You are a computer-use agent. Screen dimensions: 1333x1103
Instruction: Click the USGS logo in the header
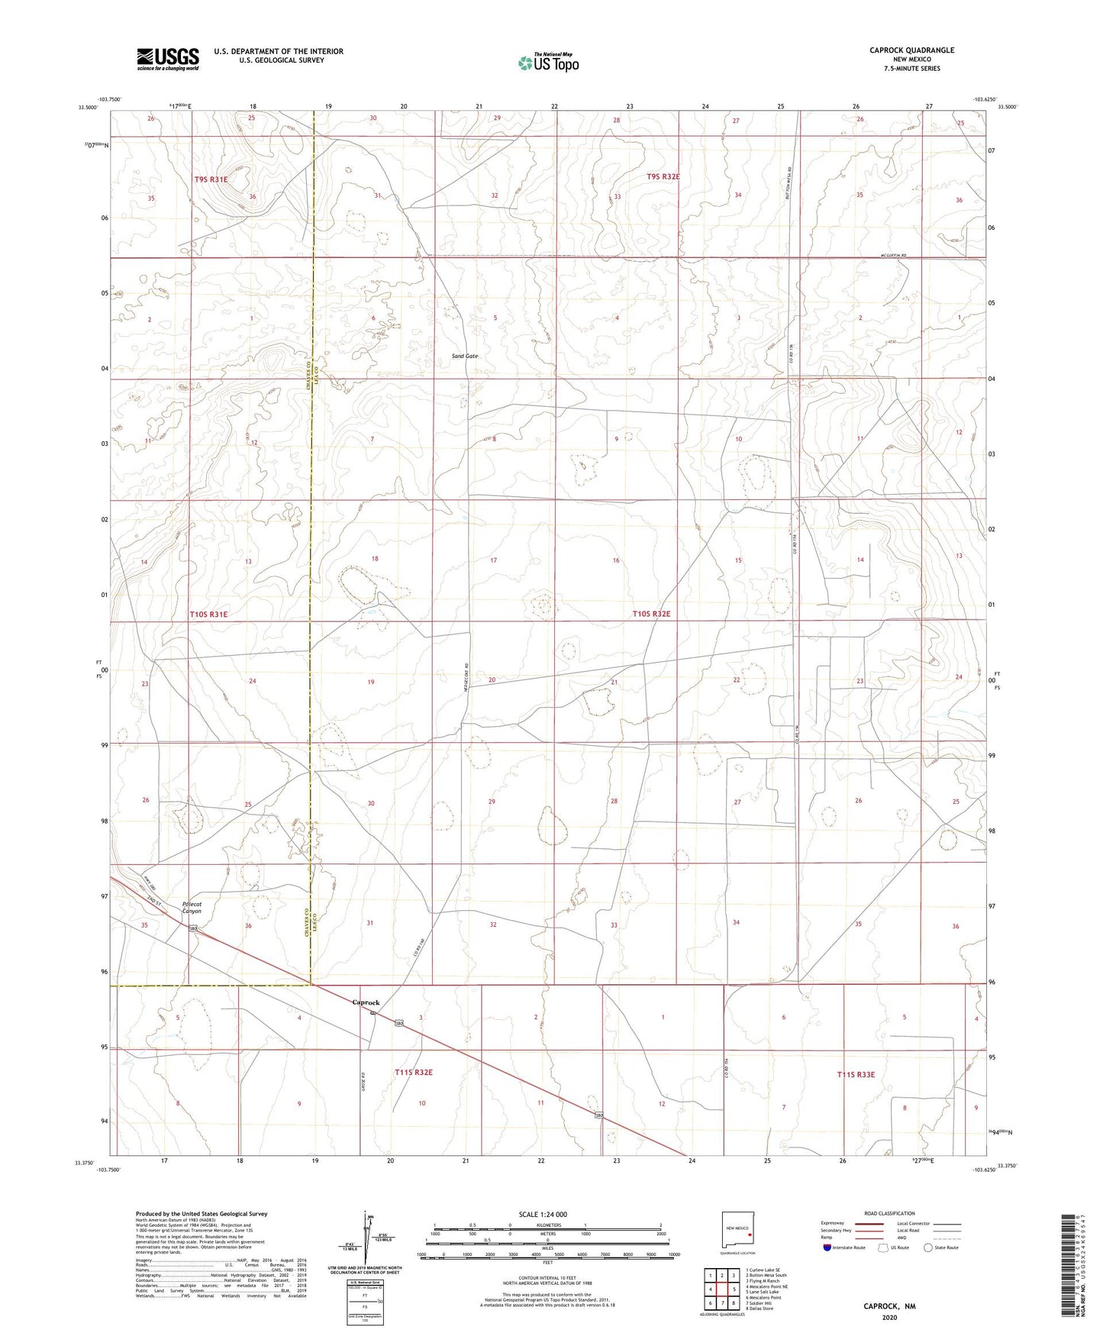point(168,58)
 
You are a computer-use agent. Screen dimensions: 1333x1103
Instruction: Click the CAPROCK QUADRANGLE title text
point(911,50)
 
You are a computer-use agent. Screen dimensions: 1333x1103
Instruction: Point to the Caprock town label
point(365,1002)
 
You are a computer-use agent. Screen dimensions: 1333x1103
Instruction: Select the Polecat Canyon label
point(192,908)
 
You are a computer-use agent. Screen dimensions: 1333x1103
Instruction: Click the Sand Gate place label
point(464,356)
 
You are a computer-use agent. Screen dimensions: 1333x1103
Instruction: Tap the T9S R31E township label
point(211,179)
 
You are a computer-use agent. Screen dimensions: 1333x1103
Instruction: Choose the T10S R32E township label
point(651,614)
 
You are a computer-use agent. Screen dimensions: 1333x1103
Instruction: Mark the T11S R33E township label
point(855,1074)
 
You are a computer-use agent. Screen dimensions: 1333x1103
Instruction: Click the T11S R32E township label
point(414,1072)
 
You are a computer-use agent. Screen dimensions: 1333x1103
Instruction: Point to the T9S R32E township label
point(663,176)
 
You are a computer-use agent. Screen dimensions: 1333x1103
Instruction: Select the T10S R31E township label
point(208,614)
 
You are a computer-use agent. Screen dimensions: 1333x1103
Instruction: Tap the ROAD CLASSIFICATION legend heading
point(889,1213)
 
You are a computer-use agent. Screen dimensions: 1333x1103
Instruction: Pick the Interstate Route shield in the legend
point(827,1247)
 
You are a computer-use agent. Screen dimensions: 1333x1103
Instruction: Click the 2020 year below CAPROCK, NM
point(889,1318)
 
